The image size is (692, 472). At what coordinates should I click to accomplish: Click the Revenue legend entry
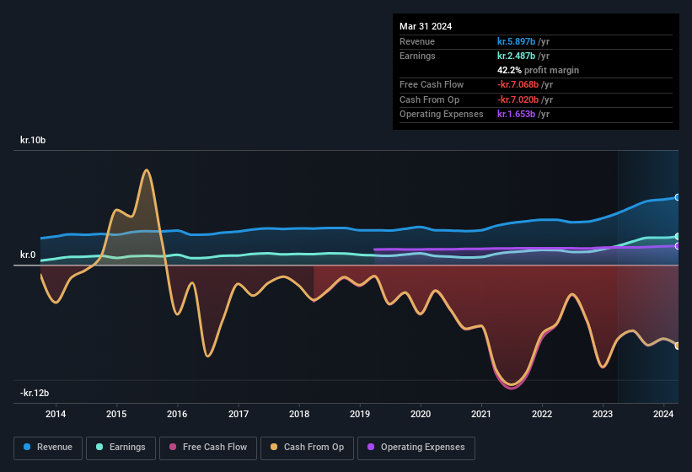[x=48, y=447]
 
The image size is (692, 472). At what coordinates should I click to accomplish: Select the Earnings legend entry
[x=120, y=447]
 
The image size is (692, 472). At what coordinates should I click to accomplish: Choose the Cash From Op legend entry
[x=306, y=447]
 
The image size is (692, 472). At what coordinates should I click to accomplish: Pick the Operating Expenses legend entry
[x=416, y=447]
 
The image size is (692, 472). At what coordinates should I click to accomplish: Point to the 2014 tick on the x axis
[x=56, y=414]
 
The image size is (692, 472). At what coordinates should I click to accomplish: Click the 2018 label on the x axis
[x=299, y=414]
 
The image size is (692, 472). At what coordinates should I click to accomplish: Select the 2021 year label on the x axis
[x=481, y=414]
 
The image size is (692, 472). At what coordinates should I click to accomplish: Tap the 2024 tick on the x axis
[x=663, y=414]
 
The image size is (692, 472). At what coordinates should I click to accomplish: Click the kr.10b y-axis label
[x=33, y=140]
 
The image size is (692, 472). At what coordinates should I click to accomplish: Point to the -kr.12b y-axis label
[x=35, y=393]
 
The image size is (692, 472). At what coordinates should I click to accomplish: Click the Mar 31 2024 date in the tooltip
[x=426, y=26]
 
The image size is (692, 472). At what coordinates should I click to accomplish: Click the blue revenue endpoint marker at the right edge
[x=677, y=197]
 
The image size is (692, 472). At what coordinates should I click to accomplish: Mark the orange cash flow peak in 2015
[x=147, y=170]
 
